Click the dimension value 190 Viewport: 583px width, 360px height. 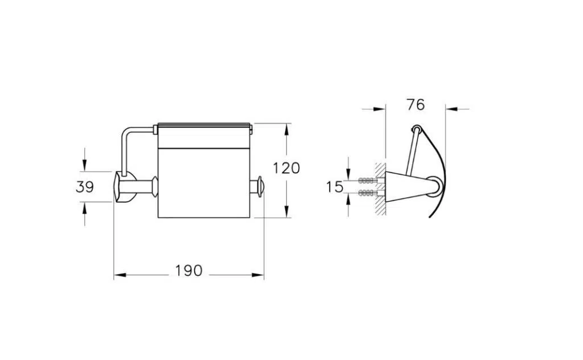click(189, 271)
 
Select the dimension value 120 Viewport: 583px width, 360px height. click(286, 168)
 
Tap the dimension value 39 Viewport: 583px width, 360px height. click(85, 187)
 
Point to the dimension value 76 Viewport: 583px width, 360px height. click(415, 105)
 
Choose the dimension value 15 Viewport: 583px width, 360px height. click(335, 187)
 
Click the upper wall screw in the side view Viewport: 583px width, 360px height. click(368, 181)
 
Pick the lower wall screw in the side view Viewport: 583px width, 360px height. click(368, 193)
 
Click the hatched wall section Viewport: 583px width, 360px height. click(380, 189)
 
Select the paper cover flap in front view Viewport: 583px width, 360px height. click(203, 136)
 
